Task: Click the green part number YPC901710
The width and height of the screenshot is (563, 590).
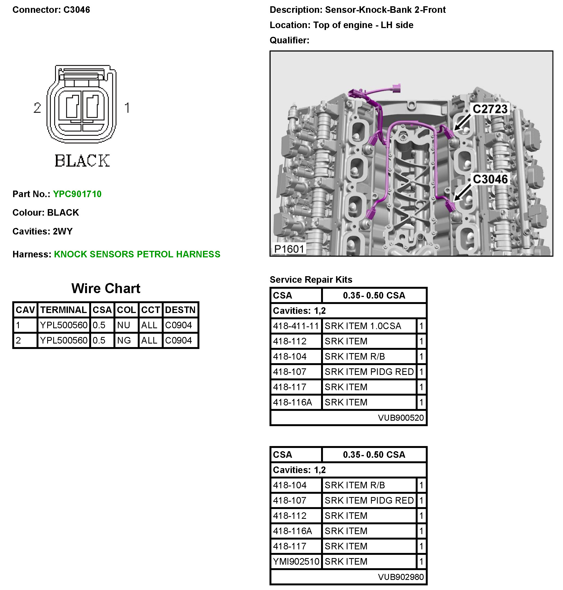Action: (x=77, y=194)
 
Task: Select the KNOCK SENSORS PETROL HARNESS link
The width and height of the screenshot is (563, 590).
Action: (x=137, y=254)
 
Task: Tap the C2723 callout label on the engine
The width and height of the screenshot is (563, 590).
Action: (x=490, y=109)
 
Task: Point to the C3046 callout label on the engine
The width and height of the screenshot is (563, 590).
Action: (x=490, y=179)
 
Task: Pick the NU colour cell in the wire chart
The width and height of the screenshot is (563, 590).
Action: (x=123, y=325)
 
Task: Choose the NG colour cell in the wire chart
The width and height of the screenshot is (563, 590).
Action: (x=124, y=341)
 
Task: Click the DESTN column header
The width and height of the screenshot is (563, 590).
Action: (x=180, y=310)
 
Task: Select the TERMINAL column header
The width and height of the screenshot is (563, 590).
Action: (x=63, y=310)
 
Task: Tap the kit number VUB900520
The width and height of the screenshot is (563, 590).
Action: (x=401, y=418)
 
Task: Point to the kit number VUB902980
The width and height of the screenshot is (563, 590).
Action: (x=401, y=577)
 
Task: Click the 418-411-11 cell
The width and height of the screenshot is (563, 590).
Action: (x=296, y=326)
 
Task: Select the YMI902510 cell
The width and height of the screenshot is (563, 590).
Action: (x=296, y=561)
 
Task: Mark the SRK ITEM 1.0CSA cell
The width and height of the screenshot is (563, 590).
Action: (x=363, y=326)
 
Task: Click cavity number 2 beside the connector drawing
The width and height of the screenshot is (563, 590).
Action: (x=37, y=108)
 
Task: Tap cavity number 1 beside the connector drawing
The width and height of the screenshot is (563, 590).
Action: (x=127, y=108)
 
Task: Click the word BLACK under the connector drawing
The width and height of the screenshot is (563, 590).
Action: (x=82, y=161)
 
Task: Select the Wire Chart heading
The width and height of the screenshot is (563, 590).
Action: (x=106, y=288)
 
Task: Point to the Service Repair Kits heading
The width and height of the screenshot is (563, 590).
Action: (x=311, y=279)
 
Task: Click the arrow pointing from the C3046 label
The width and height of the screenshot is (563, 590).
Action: (x=462, y=193)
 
